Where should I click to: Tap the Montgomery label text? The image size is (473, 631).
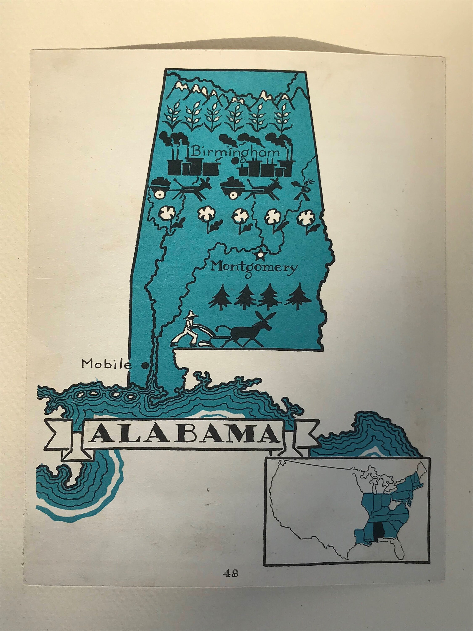[x=254, y=268]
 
